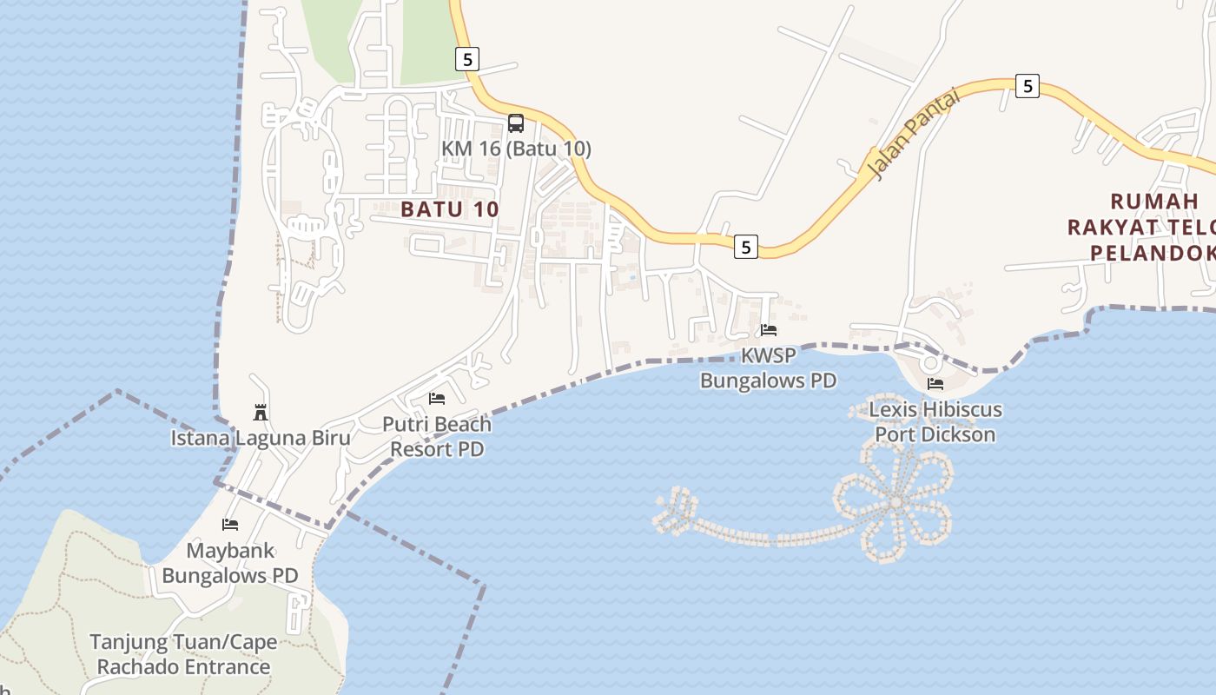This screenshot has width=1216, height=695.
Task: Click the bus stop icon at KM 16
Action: click(x=516, y=122)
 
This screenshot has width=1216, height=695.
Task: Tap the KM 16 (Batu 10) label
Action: click(x=516, y=149)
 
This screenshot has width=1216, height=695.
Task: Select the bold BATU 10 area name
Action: click(x=450, y=209)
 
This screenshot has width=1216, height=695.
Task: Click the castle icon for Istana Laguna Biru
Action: click(x=260, y=412)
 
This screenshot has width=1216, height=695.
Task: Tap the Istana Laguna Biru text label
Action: click(x=261, y=438)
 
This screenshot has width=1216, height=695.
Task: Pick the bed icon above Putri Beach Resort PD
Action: click(x=437, y=399)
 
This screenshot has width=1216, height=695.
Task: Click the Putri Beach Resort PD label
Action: click(x=437, y=437)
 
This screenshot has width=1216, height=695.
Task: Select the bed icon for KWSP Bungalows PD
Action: click(x=769, y=330)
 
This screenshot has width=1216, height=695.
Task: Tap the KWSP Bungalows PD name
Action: click(x=769, y=368)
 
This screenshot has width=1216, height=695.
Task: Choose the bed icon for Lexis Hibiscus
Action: click(x=935, y=383)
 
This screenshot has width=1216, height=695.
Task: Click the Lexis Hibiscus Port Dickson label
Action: click(x=935, y=421)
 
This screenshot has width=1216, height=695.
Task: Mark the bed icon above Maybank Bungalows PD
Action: click(x=230, y=525)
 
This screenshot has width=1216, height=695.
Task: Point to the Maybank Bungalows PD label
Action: click(x=230, y=563)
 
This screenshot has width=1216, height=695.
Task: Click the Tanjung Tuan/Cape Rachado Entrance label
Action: click(x=183, y=655)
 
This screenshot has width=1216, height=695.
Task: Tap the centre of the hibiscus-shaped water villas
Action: click(x=895, y=501)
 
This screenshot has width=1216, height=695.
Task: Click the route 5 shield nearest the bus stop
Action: click(x=467, y=59)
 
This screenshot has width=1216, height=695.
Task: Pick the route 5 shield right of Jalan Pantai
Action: click(x=1028, y=86)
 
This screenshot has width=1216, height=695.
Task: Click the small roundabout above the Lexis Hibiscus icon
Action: click(x=930, y=362)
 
